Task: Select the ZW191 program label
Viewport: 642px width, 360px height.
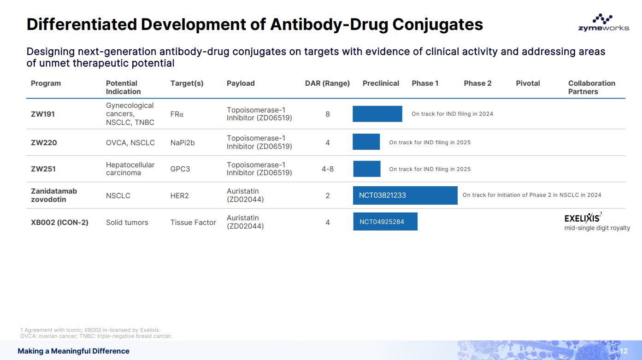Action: [43, 114]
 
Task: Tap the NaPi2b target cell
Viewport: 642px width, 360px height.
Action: [183, 142]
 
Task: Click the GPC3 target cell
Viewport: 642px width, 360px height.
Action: [180, 169]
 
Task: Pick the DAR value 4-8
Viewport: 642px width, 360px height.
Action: [328, 169]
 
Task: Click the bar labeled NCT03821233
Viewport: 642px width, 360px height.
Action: [405, 195]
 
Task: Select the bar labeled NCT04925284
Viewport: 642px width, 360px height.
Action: [385, 222]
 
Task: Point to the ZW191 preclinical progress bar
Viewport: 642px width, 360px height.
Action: [377, 114]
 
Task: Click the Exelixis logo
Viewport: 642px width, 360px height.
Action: [583, 218]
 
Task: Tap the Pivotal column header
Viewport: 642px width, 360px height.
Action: [528, 83]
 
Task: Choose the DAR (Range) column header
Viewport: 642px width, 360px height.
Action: [327, 83]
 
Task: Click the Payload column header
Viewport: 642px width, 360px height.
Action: [241, 83]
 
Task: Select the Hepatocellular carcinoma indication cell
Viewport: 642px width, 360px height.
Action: [130, 169]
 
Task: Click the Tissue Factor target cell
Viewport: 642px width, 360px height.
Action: [193, 222]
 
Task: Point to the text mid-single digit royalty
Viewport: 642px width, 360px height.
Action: [597, 228]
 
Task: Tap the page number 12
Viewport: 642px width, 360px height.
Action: [624, 351]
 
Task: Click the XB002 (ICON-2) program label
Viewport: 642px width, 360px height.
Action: [59, 222]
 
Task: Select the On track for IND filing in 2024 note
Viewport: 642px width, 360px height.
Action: [452, 114]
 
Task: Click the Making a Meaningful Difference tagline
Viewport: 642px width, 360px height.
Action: [73, 351]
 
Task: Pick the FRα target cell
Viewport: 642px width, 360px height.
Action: [177, 114]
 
